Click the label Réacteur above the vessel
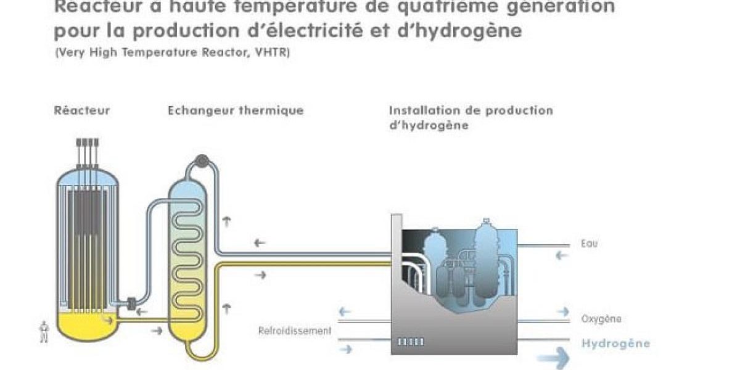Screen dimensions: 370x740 pos(81,111)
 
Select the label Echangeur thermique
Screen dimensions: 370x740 pos(236,111)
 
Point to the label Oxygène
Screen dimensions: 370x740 pos(601,319)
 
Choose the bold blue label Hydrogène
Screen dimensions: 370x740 pos(615,343)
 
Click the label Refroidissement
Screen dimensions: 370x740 pos(295,331)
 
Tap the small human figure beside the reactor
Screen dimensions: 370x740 pos(43,332)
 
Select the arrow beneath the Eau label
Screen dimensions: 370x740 pos(561,255)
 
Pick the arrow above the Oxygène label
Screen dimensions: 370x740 pos(562,311)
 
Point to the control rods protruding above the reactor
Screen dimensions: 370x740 pos(88,152)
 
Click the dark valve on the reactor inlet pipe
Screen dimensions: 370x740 pos(131,303)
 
